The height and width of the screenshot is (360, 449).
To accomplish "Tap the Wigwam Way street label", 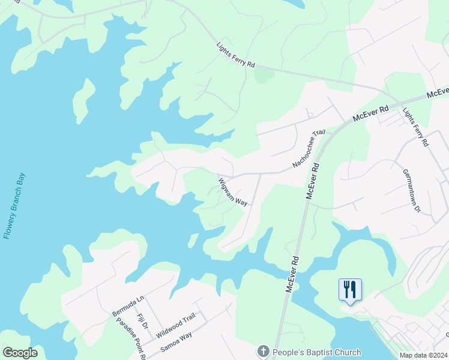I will pos(233,191).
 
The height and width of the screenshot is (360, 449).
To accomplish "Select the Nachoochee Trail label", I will pos(309,148).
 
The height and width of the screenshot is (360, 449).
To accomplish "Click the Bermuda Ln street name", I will pos(128,305).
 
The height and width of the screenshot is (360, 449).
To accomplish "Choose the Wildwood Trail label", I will pos(176,325).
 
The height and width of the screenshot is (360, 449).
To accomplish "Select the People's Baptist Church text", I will pos(317,352).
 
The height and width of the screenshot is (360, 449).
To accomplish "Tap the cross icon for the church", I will pos(263,352).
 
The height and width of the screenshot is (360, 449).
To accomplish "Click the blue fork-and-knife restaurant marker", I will pos(349,290).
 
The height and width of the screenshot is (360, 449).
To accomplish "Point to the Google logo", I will pos(20,353).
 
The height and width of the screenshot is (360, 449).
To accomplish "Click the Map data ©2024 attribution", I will pos(423,355).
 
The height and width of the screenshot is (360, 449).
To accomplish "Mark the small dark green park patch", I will pos(264,76).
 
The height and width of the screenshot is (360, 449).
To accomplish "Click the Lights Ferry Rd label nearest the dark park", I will pos(236,55).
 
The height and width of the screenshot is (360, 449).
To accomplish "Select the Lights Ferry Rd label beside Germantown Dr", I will pos(416,127).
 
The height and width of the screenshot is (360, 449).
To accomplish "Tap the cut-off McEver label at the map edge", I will pos(438,93).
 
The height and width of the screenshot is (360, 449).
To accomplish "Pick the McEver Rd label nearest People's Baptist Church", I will pos(292,275).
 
